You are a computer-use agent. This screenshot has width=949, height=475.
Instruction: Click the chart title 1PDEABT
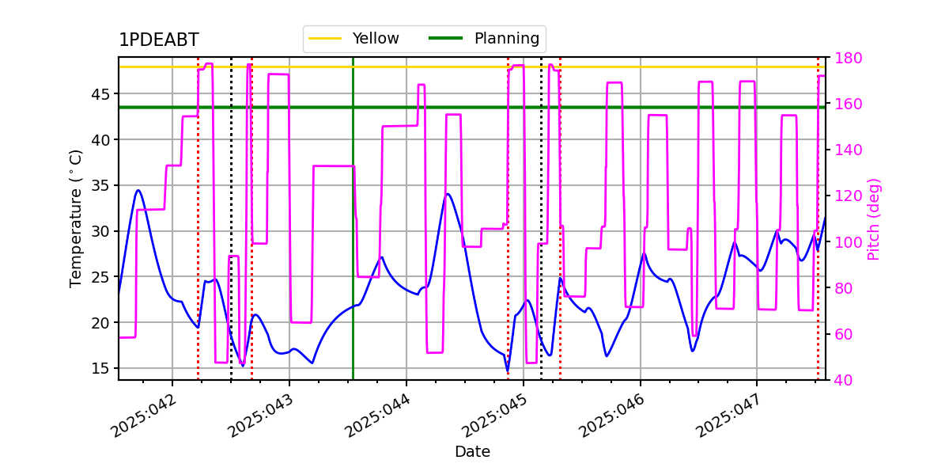click(159, 40)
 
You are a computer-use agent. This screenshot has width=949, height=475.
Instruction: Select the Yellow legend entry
click(354, 38)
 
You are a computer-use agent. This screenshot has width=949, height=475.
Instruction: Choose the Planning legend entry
click(484, 38)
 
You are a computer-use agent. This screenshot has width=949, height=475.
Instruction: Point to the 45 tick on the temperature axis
click(100, 94)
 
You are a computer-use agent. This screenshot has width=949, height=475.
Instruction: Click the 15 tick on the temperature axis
click(100, 368)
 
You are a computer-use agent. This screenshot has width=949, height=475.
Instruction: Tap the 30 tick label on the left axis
click(100, 231)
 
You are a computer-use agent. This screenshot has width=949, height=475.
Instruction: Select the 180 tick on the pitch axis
click(849, 58)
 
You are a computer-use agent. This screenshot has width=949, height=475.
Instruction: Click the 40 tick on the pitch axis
click(844, 380)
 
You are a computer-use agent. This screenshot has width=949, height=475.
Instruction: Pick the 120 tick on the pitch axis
click(849, 196)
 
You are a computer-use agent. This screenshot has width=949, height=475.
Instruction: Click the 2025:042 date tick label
click(143, 416)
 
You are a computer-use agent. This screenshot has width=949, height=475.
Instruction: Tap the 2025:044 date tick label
click(377, 416)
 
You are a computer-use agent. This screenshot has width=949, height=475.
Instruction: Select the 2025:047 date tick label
click(728, 416)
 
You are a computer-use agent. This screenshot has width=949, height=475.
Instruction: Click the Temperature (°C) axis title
click(75, 218)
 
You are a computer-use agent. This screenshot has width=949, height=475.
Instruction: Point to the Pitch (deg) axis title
click(874, 219)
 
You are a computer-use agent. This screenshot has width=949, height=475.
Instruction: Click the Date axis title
click(472, 452)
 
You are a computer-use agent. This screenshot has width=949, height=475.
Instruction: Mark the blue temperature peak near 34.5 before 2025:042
click(138, 190)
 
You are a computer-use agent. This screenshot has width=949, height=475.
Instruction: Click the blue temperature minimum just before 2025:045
click(508, 371)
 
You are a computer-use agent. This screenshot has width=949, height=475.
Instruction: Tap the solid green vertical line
click(353, 218)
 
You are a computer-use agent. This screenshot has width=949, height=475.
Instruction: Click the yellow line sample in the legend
click(325, 38)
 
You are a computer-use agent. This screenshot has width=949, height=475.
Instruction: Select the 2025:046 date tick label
click(611, 416)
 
